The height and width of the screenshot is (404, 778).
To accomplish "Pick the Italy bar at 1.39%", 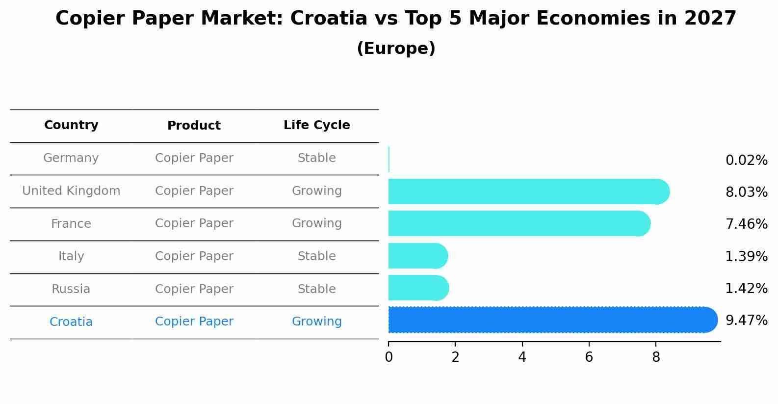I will point(417,256).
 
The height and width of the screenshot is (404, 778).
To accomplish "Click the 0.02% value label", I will point(746,161).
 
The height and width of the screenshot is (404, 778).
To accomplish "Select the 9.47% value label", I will point(746,321).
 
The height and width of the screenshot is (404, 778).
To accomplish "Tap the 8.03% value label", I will point(746,192).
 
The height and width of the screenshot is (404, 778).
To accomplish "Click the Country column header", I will point(71,125).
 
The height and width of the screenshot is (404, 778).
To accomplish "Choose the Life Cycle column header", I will point(316,125).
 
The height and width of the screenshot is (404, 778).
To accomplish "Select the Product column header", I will point(194,126).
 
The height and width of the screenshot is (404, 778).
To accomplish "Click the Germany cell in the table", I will point(71,158).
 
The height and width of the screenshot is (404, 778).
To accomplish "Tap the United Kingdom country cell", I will point(71,191).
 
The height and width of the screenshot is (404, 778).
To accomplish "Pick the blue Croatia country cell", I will point(71,322).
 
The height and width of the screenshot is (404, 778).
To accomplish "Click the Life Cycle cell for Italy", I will point(316,256).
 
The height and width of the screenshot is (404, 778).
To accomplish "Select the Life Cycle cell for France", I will point(316,223).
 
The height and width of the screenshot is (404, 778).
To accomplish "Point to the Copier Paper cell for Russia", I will point(194,289).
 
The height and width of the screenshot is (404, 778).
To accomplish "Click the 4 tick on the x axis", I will point(522,357).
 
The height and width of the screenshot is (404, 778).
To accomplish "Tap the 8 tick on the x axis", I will point(656,357).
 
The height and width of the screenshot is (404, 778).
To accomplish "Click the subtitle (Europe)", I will point(396,49).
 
